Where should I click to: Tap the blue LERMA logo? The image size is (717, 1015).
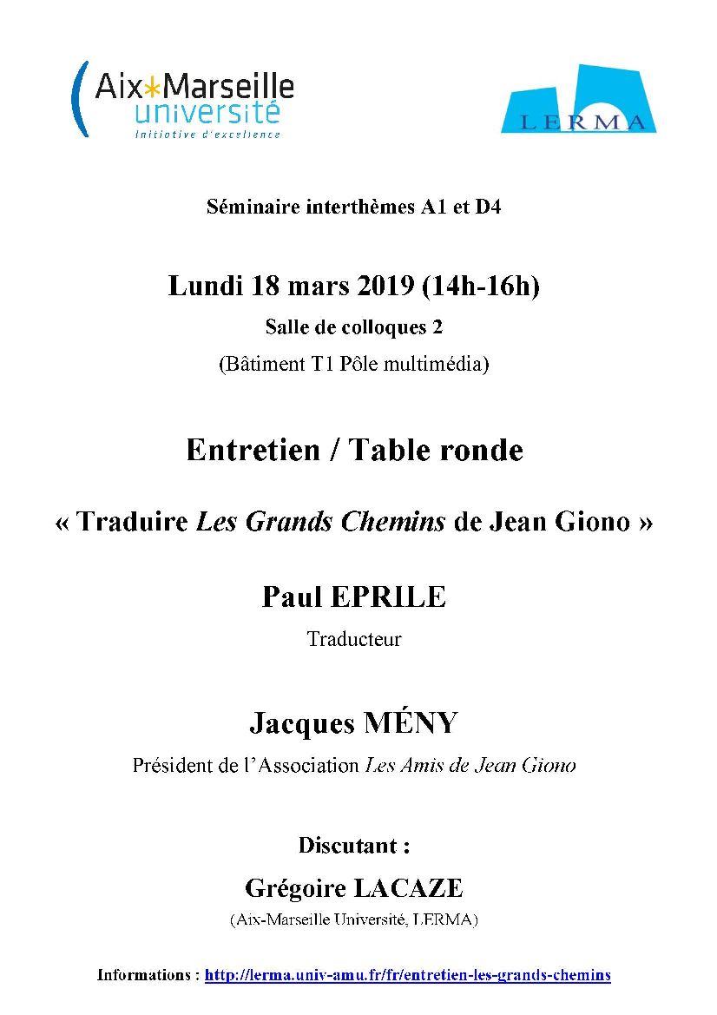(x=578, y=99)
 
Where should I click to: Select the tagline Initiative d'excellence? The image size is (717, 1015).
(x=207, y=134)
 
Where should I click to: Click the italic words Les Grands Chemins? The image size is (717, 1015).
(x=320, y=522)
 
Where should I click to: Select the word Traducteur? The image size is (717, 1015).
(x=354, y=640)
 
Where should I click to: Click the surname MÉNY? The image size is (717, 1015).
(x=411, y=722)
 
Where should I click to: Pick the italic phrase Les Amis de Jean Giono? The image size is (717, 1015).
(x=470, y=766)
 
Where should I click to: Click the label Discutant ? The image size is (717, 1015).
(x=353, y=845)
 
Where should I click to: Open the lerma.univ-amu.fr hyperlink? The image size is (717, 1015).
(x=407, y=975)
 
